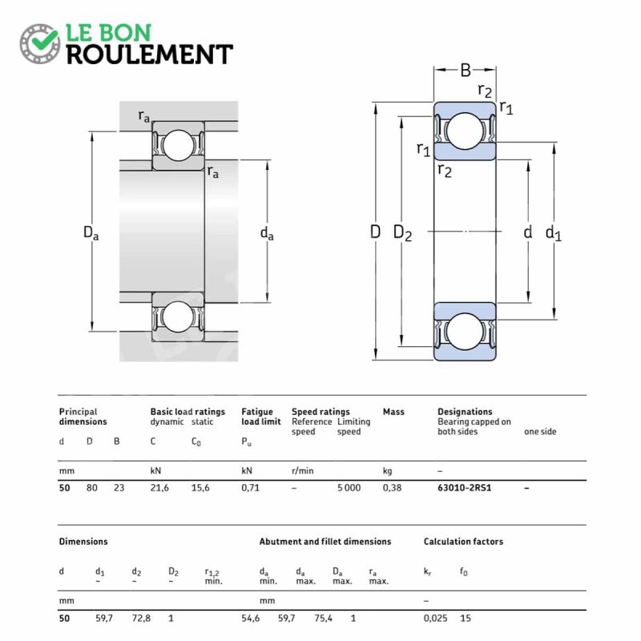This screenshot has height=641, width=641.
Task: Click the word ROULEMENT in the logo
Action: (150, 54)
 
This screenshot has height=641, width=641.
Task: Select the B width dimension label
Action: (466, 70)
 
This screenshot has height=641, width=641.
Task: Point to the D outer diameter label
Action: (375, 232)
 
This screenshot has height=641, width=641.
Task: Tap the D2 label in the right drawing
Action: (402, 232)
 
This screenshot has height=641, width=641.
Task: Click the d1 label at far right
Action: (554, 233)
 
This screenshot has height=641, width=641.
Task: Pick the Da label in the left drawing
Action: (91, 232)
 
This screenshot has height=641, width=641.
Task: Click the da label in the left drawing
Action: (267, 233)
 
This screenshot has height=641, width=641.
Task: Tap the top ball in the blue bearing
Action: (465, 131)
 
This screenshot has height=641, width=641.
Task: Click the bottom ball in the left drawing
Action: (178, 316)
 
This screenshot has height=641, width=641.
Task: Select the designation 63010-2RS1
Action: (465, 488)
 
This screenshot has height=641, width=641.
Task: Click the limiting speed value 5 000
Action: (349, 488)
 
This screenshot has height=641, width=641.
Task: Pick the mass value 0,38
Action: (392, 488)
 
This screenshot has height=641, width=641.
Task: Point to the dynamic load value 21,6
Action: (159, 488)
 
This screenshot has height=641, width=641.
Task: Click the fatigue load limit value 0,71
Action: (250, 488)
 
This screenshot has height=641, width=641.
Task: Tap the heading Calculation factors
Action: (463, 542)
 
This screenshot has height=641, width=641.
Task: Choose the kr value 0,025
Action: (435, 618)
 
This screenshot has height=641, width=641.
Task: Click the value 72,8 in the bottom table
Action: (141, 618)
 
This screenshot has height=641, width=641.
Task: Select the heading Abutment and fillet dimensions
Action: (325, 542)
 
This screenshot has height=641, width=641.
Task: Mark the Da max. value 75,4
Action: (323, 618)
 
